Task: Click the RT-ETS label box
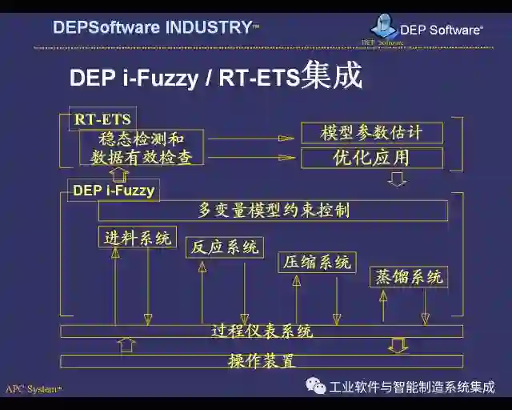(x=102, y=119)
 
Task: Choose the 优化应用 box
(x=371, y=158)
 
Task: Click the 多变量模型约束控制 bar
(x=273, y=211)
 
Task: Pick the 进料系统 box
(x=138, y=238)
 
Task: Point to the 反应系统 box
(x=224, y=247)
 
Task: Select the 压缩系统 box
(x=317, y=262)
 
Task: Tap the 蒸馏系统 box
(x=408, y=277)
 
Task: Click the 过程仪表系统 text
(x=262, y=331)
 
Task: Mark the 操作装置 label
(x=262, y=361)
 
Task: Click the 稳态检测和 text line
(x=142, y=139)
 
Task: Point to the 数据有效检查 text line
(x=142, y=157)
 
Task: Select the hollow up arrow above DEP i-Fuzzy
(x=119, y=174)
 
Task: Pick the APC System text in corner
(x=33, y=389)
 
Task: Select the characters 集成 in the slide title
(x=331, y=76)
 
